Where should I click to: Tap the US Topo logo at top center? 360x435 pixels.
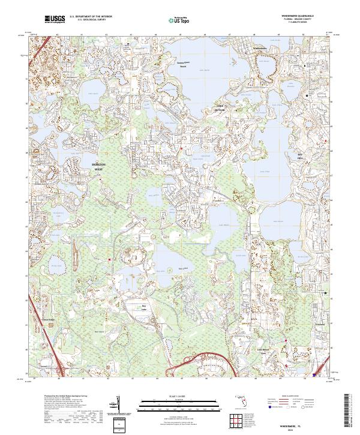pyautogui.click(x=178, y=19)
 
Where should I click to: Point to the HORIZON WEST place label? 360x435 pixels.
pyautogui.click(x=98, y=166)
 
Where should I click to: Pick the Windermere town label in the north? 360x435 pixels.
pyautogui.click(x=259, y=48)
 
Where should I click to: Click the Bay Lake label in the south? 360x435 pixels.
pyautogui.click(x=144, y=307)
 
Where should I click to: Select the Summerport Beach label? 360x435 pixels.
pyautogui.click(x=187, y=64)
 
